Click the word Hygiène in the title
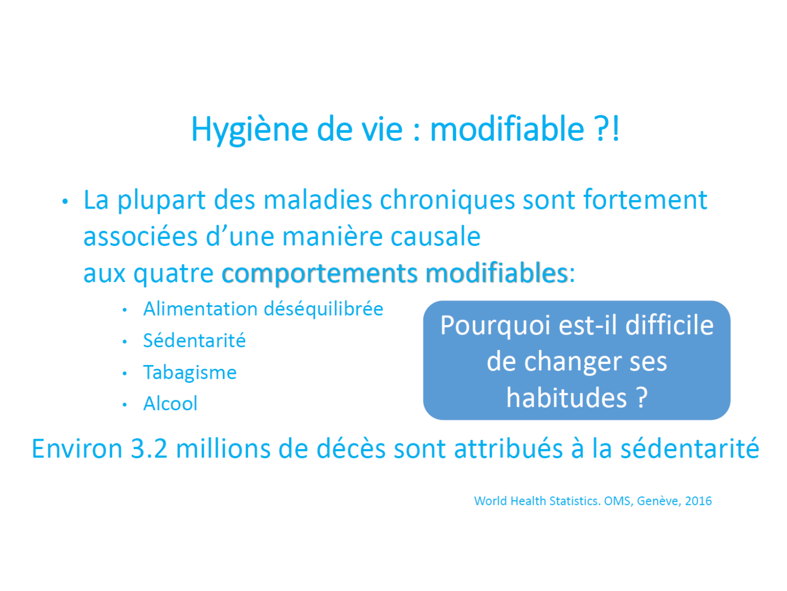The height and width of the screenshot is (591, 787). tap(250, 130)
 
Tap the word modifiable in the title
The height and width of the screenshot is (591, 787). tap(507, 129)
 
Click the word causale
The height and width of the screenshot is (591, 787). tap(435, 237)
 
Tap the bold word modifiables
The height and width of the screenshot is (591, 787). tap(496, 273)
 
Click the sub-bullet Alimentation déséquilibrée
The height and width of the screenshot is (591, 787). tap(263, 309)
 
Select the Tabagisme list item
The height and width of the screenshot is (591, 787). tap(190, 372)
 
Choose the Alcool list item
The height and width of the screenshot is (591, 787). tap(171, 403)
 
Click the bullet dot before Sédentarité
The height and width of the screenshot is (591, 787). tap(124, 341)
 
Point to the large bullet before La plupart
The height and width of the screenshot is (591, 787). tap(65, 201)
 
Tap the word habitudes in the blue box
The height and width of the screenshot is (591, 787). tap(567, 398)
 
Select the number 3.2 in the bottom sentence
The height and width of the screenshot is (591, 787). tap(149, 449)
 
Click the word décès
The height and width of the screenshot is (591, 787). tap(351, 449)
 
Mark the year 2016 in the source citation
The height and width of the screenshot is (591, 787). tap(698, 501)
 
